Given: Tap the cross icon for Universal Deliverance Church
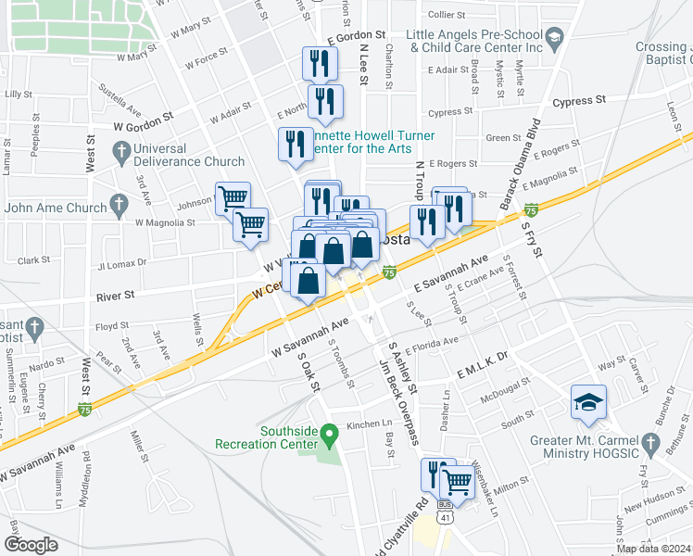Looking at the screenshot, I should click(x=121, y=150).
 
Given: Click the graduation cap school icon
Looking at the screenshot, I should click(x=587, y=402).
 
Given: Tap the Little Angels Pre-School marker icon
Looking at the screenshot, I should click(x=555, y=37).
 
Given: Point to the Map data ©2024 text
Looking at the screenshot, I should click(x=652, y=549).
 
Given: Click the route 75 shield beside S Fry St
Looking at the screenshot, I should click(x=531, y=210).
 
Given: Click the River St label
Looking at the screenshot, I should click(x=117, y=297).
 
